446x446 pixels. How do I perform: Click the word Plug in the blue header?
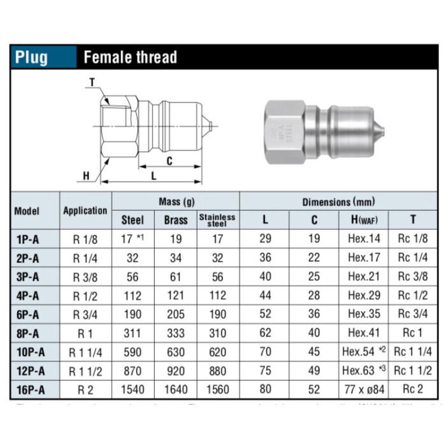[x=32, y=57]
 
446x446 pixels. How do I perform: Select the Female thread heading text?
[x=130, y=57]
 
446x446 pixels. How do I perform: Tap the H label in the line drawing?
[x=87, y=176]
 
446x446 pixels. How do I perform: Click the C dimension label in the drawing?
[x=169, y=161]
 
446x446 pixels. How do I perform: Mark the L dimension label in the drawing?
[x=153, y=175]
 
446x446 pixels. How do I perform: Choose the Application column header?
[x=85, y=210]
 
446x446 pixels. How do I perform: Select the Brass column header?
[x=176, y=220]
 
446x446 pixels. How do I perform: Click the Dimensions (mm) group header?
[x=338, y=201]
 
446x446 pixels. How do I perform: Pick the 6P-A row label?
[x=27, y=313]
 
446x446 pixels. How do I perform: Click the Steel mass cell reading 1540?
[x=133, y=388]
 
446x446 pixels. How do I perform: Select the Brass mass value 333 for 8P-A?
[x=176, y=333]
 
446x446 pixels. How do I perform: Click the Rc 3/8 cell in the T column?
[x=413, y=277]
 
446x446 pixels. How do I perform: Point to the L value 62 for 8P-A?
[x=265, y=333]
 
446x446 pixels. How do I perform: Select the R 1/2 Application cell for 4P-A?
[x=85, y=295]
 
